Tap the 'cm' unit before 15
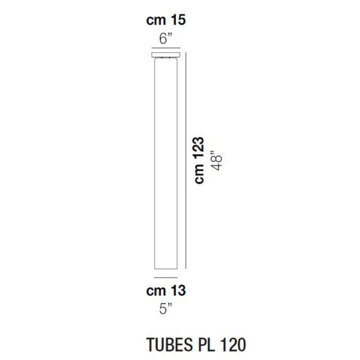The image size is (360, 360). pyautogui.click(x=156, y=20)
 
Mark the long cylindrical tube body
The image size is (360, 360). pyautogui.click(x=166, y=165)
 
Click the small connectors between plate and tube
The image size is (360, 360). pyautogui.click(x=166, y=59)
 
